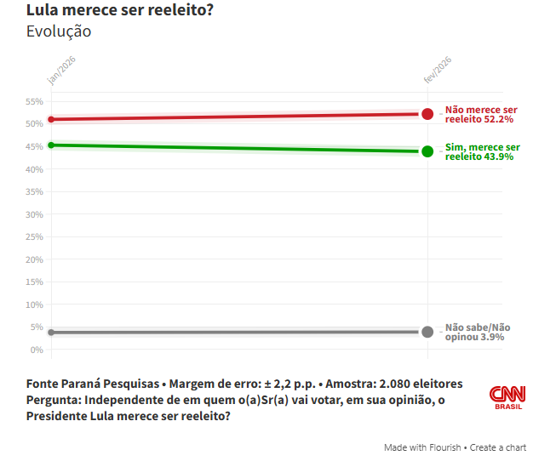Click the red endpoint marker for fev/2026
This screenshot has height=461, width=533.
[427, 114]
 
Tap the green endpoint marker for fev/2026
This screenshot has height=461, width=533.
[427, 151]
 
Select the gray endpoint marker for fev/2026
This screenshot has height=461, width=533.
[427, 332]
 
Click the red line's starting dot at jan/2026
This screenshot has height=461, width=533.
[51, 119]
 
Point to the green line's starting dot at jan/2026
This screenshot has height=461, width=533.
[51, 145]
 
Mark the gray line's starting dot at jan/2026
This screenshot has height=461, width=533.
[51, 333]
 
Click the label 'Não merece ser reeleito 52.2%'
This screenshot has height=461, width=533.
[480, 115]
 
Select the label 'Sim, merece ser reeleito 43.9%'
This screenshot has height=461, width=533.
[482, 152]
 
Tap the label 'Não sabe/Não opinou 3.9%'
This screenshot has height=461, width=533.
[478, 332]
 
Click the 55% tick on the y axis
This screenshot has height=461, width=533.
[34, 101]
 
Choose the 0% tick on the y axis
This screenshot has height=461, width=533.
[36, 350]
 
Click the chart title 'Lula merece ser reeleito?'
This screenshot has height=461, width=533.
[119, 11]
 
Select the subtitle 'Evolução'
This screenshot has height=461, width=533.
[59, 32]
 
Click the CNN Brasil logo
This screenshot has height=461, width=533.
[507, 397]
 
